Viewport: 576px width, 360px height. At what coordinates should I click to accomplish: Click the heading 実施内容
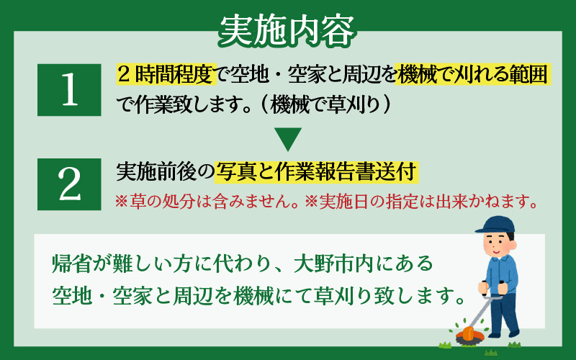click(x=287, y=30)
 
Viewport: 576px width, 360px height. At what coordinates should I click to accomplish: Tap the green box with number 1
click(x=69, y=90)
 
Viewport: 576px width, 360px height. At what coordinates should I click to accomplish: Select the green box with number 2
click(x=69, y=184)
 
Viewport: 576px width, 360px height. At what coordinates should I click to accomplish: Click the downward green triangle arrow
click(x=288, y=139)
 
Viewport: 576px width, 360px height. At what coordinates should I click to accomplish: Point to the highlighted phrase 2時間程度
click(x=166, y=75)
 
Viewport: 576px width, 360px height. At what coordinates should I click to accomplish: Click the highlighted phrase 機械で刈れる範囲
click(x=473, y=75)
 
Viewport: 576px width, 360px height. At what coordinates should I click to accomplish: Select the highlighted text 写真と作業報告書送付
click(x=316, y=171)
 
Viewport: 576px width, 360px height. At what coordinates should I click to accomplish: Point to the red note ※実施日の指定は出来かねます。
click(x=421, y=202)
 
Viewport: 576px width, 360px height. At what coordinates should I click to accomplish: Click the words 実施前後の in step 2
click(x=165, y=171)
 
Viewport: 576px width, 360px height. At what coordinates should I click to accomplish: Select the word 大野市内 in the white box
click(x=333, y=264)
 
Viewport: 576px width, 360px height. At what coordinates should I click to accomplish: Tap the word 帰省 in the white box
click(x=71, y=264)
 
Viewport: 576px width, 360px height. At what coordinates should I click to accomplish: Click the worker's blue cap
click(x=495, y=225)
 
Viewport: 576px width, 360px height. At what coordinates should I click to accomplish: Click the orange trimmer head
click(x=469, y=333)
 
